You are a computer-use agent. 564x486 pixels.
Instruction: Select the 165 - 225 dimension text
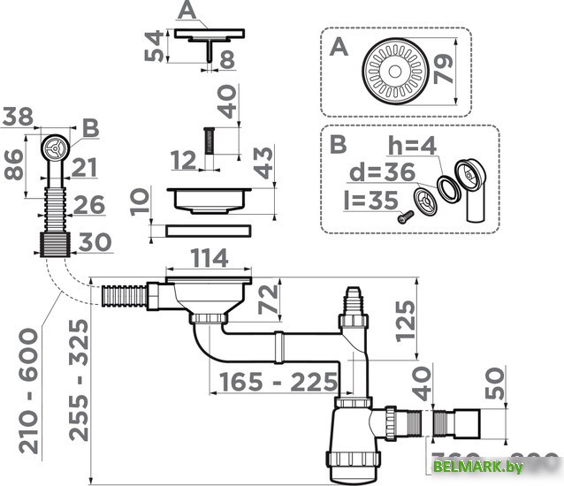tap(274, 383)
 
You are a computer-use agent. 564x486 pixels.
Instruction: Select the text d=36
tap(388, 171)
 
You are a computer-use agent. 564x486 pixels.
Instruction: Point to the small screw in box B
tap(406, 215)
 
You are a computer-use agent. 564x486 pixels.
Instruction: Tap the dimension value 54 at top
tap(154, 48)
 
